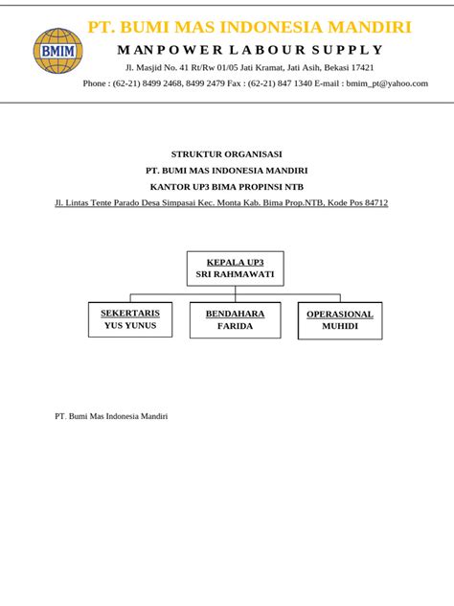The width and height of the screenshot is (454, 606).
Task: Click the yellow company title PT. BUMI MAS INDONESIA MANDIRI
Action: pos(250,27)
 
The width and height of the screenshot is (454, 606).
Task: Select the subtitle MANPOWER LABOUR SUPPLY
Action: pos(250,50)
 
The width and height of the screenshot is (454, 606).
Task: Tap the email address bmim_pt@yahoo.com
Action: pos(387,83)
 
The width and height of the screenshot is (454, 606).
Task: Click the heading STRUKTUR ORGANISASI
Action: pos(226,153)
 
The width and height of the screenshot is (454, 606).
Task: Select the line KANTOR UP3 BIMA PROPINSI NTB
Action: pos(226,186)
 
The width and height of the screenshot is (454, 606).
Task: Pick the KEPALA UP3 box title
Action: pos(235,262)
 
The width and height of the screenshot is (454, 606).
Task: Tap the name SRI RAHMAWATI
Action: pos(235,274)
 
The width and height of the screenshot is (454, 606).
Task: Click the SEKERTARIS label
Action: pos(130,313)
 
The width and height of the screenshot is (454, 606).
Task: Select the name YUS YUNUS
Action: pos(130,325)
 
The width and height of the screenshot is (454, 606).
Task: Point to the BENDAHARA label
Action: pos(235,314)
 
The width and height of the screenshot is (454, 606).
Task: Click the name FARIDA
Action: pos(235,326)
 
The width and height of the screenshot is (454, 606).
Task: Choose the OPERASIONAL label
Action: pos(339,314)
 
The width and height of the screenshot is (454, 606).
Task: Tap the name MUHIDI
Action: pos(339,326)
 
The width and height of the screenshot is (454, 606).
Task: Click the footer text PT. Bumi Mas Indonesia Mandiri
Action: pos(112,416)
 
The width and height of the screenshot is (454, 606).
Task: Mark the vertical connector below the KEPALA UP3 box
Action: pos(235,291)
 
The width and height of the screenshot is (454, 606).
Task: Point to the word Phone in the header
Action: pos(96,83)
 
